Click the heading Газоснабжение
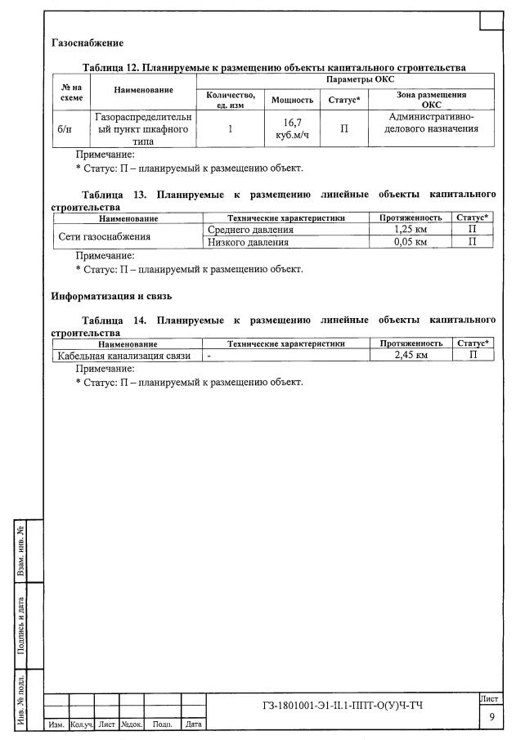87,42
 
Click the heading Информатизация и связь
110,295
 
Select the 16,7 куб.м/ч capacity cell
292,128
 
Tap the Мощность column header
292,100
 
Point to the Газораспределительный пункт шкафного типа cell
143,128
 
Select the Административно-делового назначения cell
431,123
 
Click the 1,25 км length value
410,230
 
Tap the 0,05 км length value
410,241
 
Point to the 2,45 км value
410,356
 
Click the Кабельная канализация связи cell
123,356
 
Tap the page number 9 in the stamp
491,717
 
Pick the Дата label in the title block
193,724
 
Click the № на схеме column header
71,90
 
